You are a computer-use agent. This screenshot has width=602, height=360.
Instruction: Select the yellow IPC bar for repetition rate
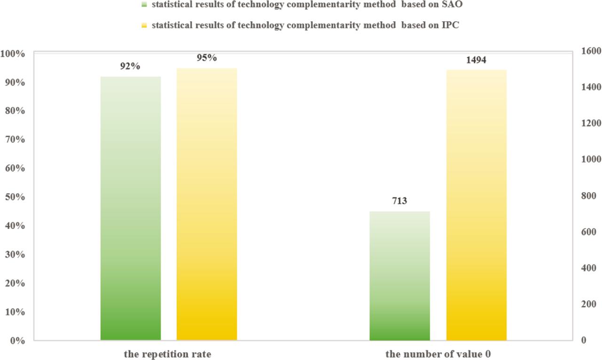coord(206,204)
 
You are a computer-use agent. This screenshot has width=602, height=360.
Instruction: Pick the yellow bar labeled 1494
coord(476,205)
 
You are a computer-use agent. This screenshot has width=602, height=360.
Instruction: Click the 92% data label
coord(130,67)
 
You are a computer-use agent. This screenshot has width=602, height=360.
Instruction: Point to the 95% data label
coord(206,58)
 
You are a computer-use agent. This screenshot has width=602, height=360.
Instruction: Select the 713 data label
coord(400,201)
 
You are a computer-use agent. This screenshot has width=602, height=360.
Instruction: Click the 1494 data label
coord(476,60)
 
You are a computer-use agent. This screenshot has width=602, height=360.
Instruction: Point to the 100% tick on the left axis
coord(13,54)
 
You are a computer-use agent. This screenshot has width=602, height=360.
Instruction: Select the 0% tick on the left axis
coord(16,340)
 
